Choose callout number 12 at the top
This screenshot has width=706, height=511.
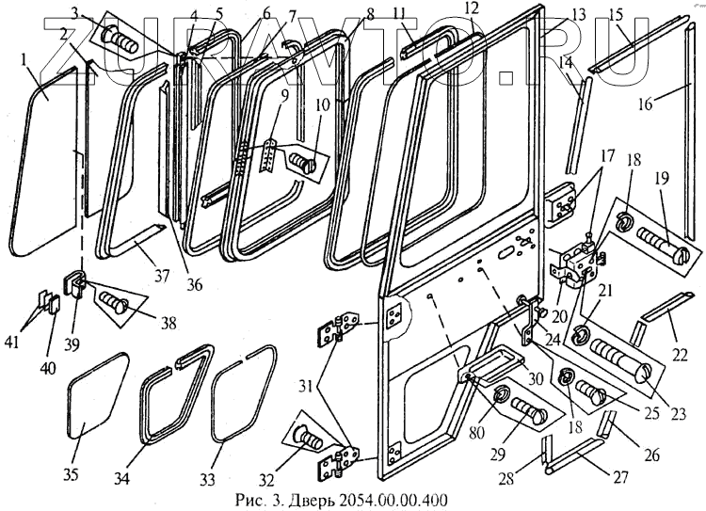click(471, 9)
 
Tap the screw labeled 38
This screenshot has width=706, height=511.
click(113, 304)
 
